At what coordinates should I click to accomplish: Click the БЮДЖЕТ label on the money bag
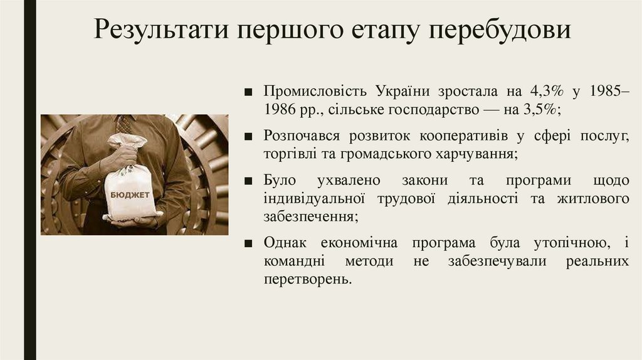coord(130,195)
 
